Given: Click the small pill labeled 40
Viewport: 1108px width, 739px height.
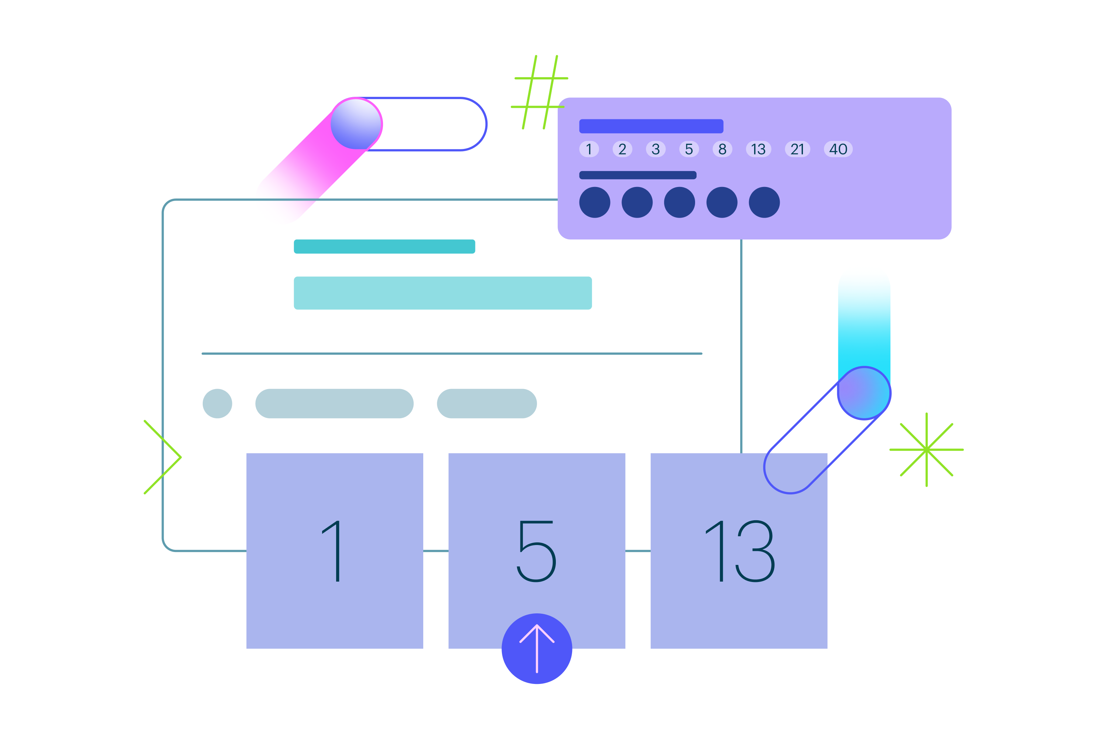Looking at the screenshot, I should coord(838,149).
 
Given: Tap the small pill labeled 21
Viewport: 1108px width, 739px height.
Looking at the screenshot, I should coord(797,149).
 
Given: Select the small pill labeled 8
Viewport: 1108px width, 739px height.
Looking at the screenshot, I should coord(722,149).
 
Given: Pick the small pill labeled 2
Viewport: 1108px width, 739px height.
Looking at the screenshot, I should coord(622,149).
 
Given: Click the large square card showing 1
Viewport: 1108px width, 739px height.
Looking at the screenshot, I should coord(335,551).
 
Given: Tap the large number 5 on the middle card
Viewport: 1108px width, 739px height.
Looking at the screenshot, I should coord(537,551).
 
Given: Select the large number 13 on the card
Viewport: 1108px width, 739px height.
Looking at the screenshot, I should coord(740,551).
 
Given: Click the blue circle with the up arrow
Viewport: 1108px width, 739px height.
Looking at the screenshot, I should coord(537,648).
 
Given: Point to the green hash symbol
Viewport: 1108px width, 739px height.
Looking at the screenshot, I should coord(540,92).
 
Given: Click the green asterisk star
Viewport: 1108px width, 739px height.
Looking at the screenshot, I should coord(926,450).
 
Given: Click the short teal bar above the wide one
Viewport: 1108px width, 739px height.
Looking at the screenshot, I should coord(384,246).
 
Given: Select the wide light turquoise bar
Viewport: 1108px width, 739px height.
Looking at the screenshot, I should coord(442,293).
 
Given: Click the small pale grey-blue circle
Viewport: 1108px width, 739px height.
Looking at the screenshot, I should coord(217,403).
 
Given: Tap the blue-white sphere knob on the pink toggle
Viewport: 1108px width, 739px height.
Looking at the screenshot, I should coord(356,123).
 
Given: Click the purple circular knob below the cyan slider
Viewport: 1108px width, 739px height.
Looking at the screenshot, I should coord(864,392).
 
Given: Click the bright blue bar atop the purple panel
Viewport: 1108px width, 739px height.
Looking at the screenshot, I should coord(651,126).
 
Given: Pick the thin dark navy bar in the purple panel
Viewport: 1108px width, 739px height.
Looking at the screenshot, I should coord(637,175).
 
